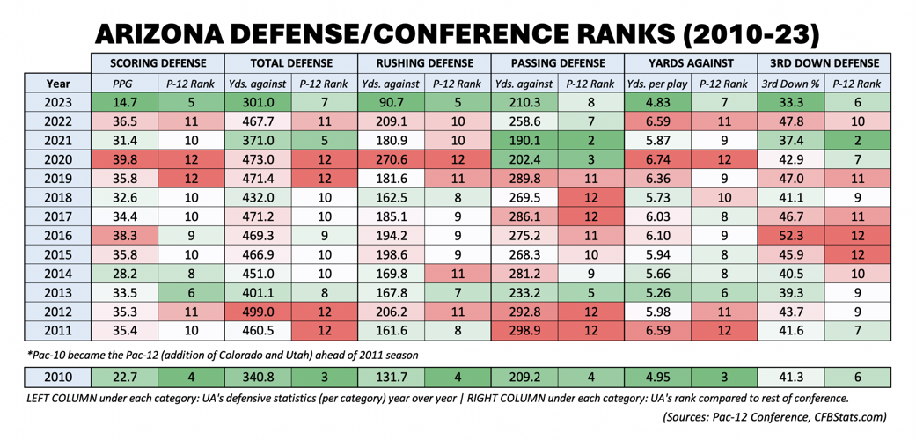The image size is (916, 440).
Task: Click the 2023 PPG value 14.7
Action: coord(125,103)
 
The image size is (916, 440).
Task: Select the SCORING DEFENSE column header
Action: coord(158,63)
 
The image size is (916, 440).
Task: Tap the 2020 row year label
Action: coord(58,160)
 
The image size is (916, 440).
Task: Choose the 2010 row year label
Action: coord(58,377)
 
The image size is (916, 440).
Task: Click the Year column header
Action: coord(58,84)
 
